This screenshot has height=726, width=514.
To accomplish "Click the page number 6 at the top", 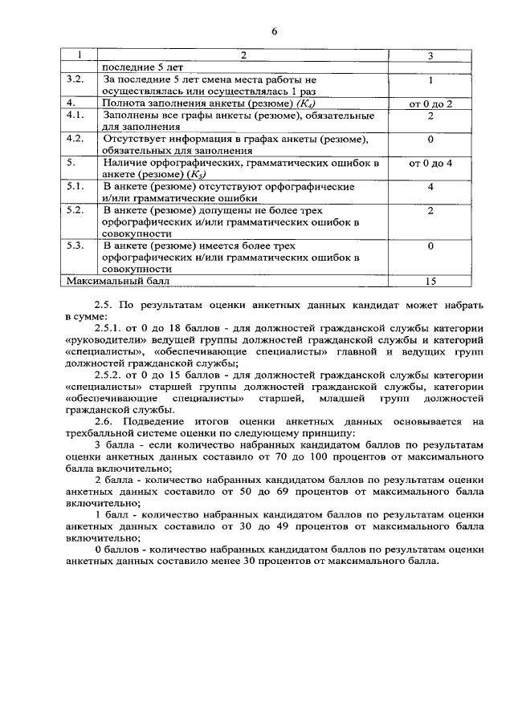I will coord(274,31).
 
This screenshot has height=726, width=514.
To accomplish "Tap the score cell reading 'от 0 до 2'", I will coord(430,104).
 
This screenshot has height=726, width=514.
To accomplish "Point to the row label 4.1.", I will coord(75,116).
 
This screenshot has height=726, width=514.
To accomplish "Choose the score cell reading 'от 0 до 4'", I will coord(430,163).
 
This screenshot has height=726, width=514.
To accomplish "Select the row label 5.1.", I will coord(75,186).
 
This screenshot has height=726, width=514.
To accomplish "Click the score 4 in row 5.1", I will coord(430,186).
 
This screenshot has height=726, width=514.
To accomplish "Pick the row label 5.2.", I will coord(75,210).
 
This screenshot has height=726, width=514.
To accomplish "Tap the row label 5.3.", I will coord(75,245).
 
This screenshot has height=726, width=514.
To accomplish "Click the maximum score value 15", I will coord(430,282).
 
